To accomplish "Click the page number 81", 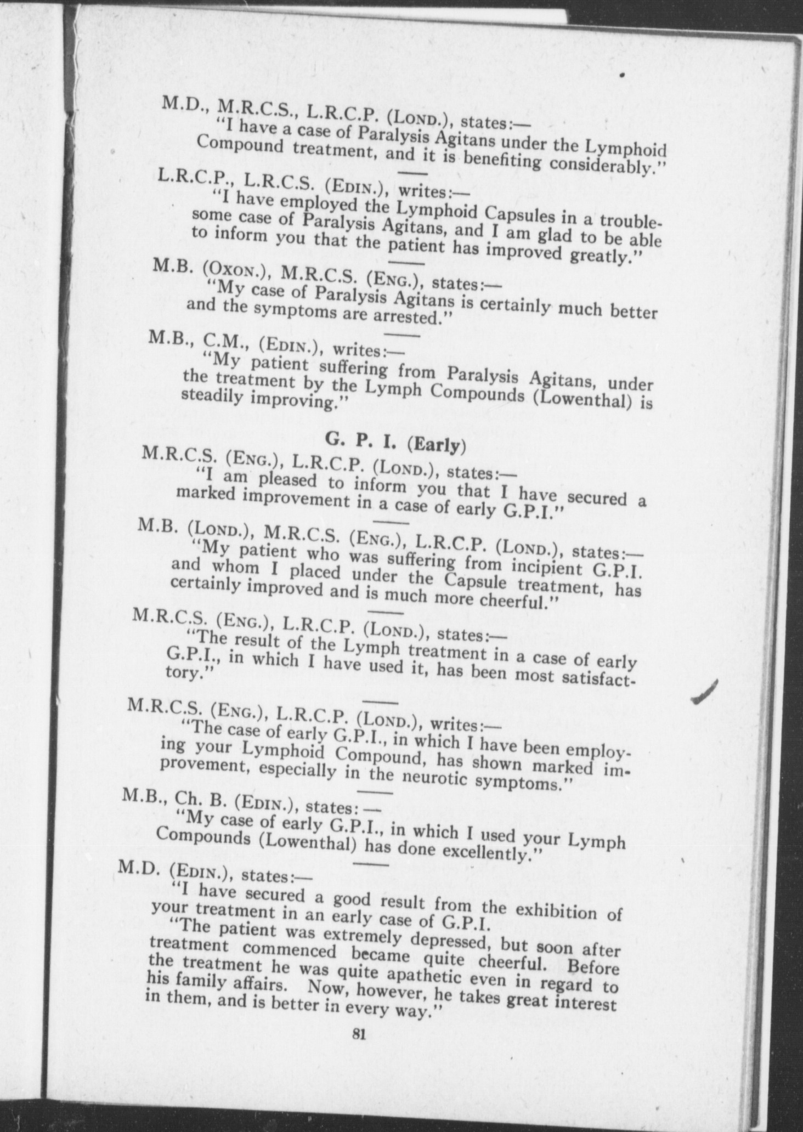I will tap(359, 1034).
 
